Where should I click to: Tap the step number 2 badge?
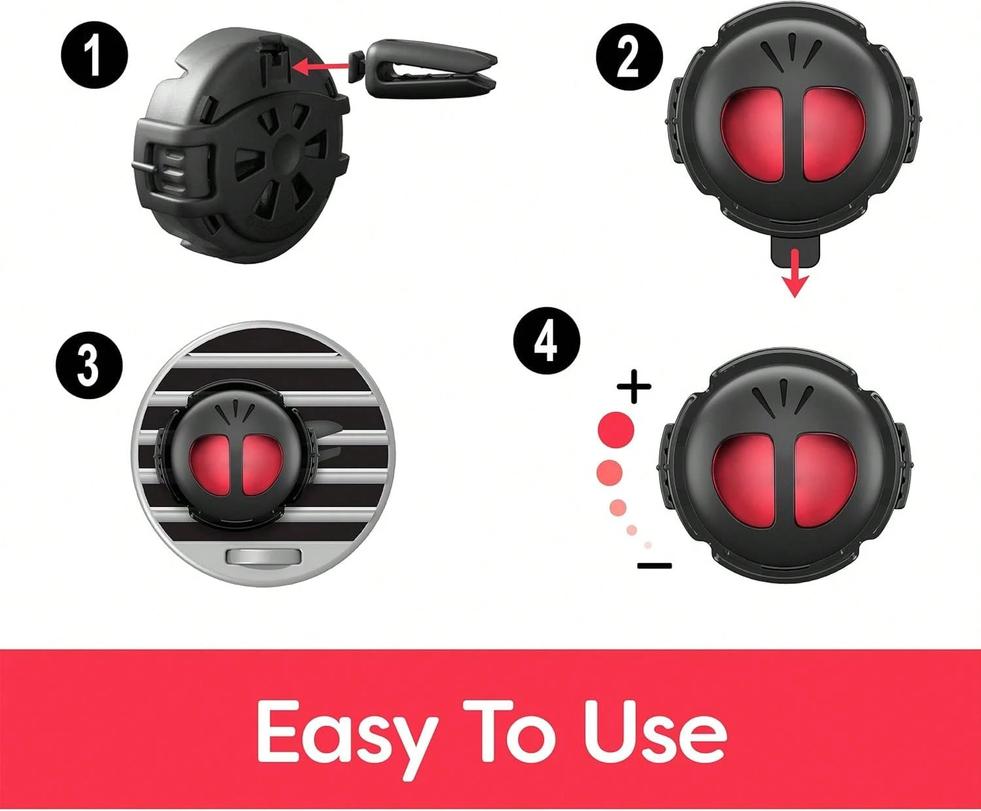[629, 58]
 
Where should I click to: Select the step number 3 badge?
[89, 366]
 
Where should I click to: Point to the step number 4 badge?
[547, 341]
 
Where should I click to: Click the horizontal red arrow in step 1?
[321, 67]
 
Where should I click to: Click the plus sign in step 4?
[634, 387]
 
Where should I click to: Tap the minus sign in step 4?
[655, 565]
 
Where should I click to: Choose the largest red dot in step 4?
[616, 430]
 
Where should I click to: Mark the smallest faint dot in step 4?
[648, 545]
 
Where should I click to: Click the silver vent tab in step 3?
[264, 557]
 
